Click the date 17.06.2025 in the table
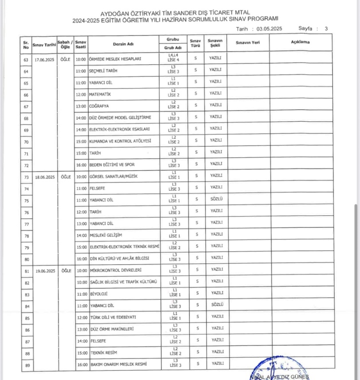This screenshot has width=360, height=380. (44, 59)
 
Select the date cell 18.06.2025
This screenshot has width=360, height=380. (44, 177)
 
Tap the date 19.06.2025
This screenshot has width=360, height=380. (44, 271)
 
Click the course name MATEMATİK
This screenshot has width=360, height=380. (100, 94)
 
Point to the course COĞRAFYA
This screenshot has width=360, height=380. (99, 106)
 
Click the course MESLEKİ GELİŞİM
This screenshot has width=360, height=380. (105, 235)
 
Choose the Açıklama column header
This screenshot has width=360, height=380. (300, 42)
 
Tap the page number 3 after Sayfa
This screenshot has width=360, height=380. (326, 29)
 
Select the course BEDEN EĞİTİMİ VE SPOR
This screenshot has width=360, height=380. (112, 165)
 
